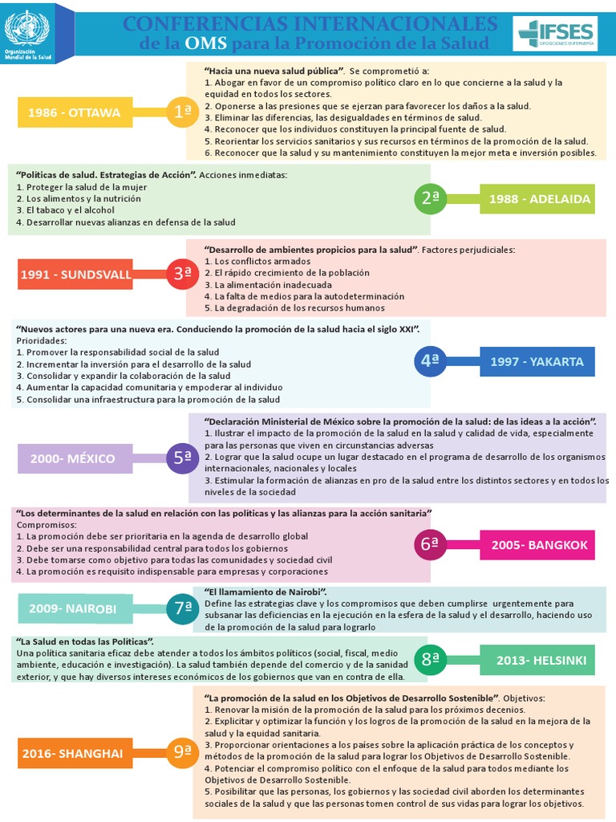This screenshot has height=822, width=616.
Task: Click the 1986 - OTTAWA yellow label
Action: [x=74, y=112]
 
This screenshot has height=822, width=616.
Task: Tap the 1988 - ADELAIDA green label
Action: [x=538, y=198]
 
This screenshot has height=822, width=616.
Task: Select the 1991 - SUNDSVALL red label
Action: [x=75, y=274]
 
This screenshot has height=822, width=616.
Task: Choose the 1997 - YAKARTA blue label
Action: [x=537, y=361]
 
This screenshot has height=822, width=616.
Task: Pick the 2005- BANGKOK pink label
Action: [x=538, y=545]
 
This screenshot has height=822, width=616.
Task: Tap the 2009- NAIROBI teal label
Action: [x=72, y=608]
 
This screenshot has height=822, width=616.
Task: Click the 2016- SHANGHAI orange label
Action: [x=72, y=753]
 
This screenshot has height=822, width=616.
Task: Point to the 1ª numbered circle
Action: [x=182, y=112]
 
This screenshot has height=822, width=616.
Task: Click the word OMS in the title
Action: [x=205, y=43]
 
